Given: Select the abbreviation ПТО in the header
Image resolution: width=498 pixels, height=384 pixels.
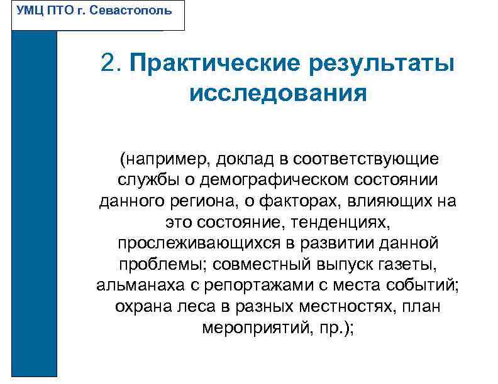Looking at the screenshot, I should (x=61, y=11).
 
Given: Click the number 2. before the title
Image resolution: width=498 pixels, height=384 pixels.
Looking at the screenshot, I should (x=112, y=63).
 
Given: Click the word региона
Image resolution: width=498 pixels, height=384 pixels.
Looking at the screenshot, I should (x=223, y=201).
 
